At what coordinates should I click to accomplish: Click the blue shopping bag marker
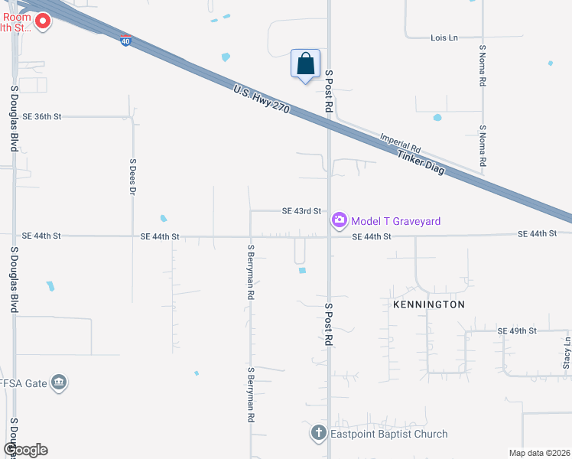tap(305, 63)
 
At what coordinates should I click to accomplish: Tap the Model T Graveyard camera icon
tap(339, 220)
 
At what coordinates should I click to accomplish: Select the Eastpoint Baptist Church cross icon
tap(318, 434)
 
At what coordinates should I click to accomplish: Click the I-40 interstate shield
tap(126, 39)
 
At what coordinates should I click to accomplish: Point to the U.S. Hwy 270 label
tap(262, 99)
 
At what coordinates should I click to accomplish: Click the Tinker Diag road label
tap(420, 162)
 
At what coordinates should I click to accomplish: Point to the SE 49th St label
tap(517, 330)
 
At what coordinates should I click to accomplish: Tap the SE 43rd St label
tap(301, 210)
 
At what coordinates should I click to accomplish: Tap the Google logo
tap(25, 449)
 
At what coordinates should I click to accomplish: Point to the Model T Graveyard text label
tap(396, 221)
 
